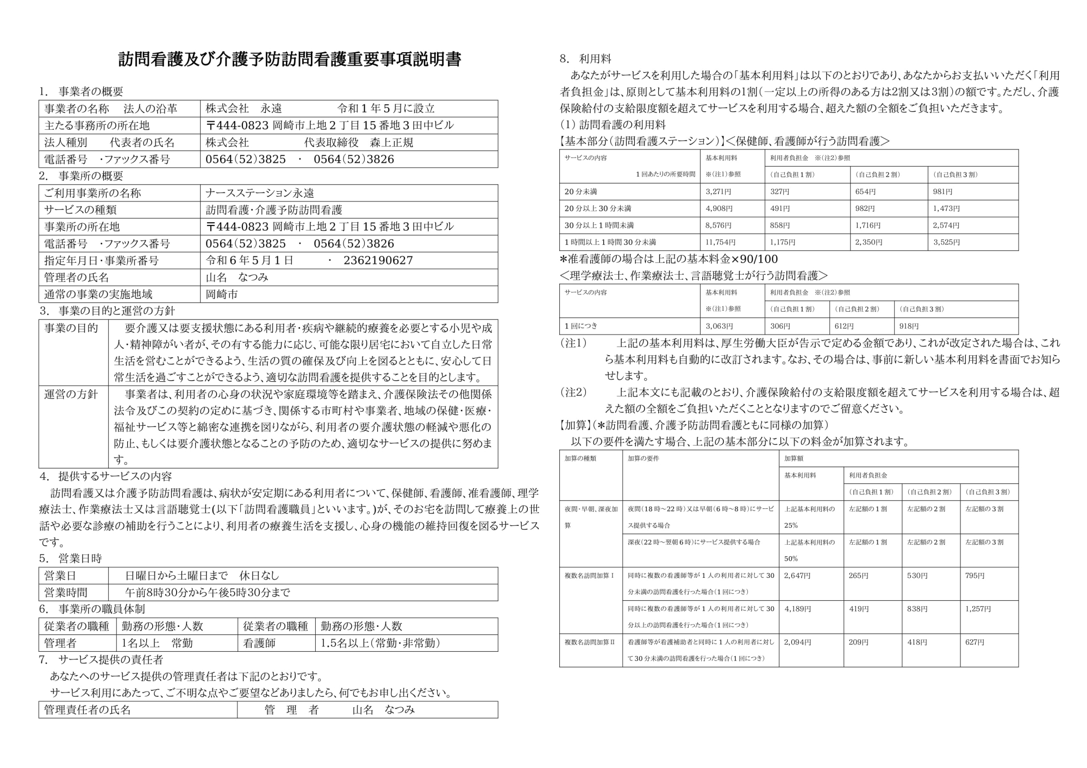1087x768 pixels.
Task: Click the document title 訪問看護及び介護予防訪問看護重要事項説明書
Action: pyautogui.click(x=290, y=60)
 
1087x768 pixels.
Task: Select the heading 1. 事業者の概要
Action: pyautogui.click(x=82, y=92)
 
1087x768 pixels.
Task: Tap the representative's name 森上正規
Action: pyautogui.click(x=391, y=142)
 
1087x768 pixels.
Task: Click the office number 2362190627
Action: pyautogui.click(x=378, y=261)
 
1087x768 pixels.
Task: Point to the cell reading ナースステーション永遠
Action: pyautogui.click(x=260, y=193)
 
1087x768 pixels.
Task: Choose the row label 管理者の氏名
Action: pyautogui.click(x=77, y=278)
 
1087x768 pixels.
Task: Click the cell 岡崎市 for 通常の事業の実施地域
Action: pyautogui.click(x=222, y=294)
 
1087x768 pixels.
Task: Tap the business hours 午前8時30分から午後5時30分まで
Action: pyautogui.click(x=208, y=593)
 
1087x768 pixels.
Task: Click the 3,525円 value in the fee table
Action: pyautogui.click(x=946, y=242)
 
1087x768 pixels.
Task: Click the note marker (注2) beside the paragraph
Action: pyautogui.click(x=573, y=392)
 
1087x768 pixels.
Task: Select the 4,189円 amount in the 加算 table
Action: pyautogui.click(x=797, y=609)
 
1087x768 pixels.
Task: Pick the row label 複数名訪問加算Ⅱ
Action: pyautogui.click(x=590, y=642)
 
